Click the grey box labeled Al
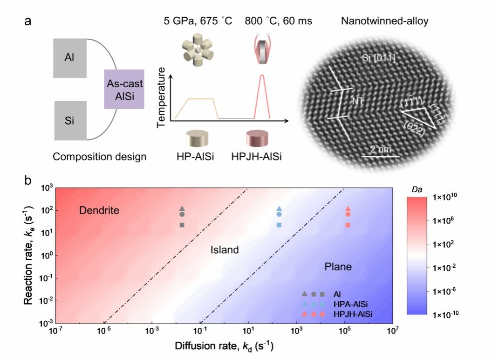tap(70, 58)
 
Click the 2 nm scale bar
tap(380, 156)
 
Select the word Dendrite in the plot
tap(99, 211)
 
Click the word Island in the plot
tap(224, 250)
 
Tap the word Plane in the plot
tap(338, 266)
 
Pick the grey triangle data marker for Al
tap(182, 209)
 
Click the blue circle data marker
tap(279, 215)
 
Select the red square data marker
tap(348, 225)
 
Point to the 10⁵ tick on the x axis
tap(344, 331)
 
